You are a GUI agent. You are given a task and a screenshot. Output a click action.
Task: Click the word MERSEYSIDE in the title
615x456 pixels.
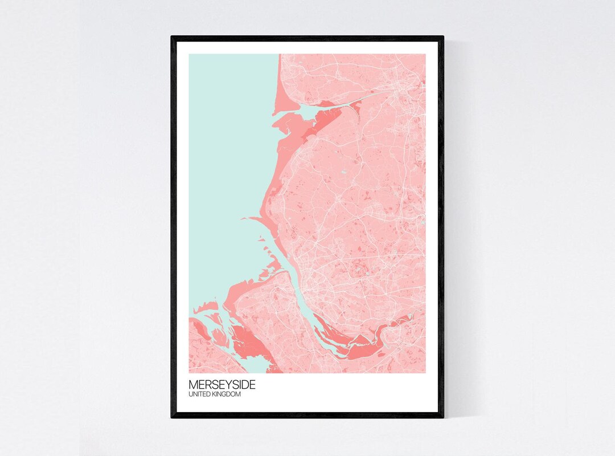[x=222, y=385]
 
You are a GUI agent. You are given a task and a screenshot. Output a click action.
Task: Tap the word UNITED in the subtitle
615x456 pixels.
[x=200, y=394]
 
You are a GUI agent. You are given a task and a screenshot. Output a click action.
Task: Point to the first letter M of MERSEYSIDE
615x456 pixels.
[x=192, y=385]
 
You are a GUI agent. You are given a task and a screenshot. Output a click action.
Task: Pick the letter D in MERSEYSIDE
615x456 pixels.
[x=243, y=385]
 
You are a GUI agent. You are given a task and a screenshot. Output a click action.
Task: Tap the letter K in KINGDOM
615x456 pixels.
[x=214, y=394]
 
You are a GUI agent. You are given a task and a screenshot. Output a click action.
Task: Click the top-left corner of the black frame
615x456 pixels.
[x=172, y=37]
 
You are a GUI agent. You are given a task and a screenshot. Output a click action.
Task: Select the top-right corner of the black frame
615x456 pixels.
[x=443, y=37]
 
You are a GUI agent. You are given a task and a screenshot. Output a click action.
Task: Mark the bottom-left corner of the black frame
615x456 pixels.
[x=172, y=417]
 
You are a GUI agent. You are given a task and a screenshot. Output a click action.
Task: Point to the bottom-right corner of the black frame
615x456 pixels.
[x=443, y=417]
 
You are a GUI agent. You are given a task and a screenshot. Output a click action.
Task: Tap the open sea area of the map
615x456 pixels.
[x=228, y=160]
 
